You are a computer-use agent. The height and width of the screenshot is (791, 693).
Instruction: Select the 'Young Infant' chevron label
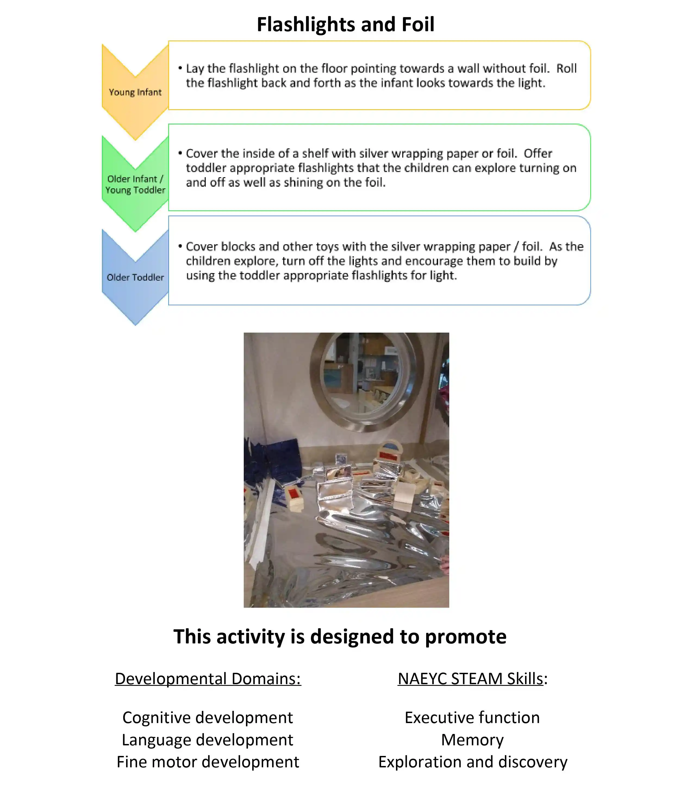pyautogui.click(x=135, y=92)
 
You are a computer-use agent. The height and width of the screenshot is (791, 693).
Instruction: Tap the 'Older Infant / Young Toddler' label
pyautogui.click(x=135, y=185)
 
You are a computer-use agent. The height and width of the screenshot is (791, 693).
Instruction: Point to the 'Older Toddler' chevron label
pyautogui.click(x=135, y=277)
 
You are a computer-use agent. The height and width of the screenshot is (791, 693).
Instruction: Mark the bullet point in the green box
pyautogui.click(x=180, y=153)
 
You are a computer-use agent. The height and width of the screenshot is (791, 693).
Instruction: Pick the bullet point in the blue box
pyautogui.click(x=180, y=246)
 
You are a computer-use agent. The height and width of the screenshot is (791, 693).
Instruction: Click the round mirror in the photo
pyautogui.click(x=366, y=381)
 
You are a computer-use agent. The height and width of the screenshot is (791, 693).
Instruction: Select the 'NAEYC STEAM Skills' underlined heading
pyautogui.click(x=470, y=679)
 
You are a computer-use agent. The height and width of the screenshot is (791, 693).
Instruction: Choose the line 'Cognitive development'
pyautogui.click(x=208, y=718)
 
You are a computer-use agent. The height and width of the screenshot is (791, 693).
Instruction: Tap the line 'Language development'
pyautogui.click(x=208, y=740)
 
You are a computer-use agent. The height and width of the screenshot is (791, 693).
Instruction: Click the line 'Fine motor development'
pyautogui.click(x=208, y=762)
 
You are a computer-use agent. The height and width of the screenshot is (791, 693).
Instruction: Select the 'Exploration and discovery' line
pyautogui.click(x=473, y=762)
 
